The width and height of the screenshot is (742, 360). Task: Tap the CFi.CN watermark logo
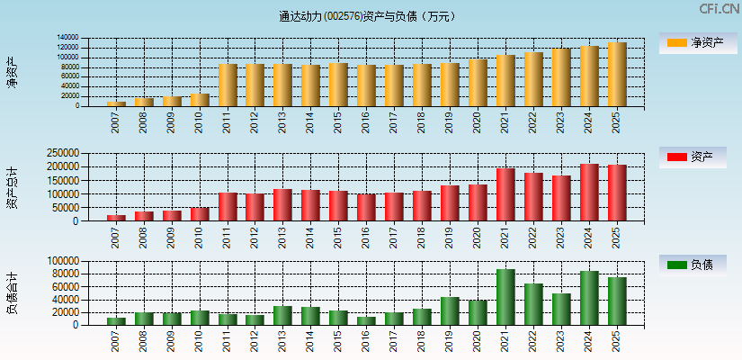(x=719, y=9)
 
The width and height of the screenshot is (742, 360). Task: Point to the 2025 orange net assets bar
(x=617, y=75)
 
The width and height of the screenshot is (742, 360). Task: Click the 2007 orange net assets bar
(x=116, y=103)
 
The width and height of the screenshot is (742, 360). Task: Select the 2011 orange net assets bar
(x=228, y=85)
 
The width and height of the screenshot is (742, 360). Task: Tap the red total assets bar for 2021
(x=505, y=194)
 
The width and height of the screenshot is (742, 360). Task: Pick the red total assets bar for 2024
(x=589, y=193)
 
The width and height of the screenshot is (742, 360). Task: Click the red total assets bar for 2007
(x=116, y=218)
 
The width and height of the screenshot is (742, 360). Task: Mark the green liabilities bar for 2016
(x=366, y=320)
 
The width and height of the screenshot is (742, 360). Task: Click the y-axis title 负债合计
(x=12, y=292)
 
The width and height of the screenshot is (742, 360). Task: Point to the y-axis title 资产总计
(x=12, y=187)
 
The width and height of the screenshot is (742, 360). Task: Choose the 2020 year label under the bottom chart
(x=478, y=339)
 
